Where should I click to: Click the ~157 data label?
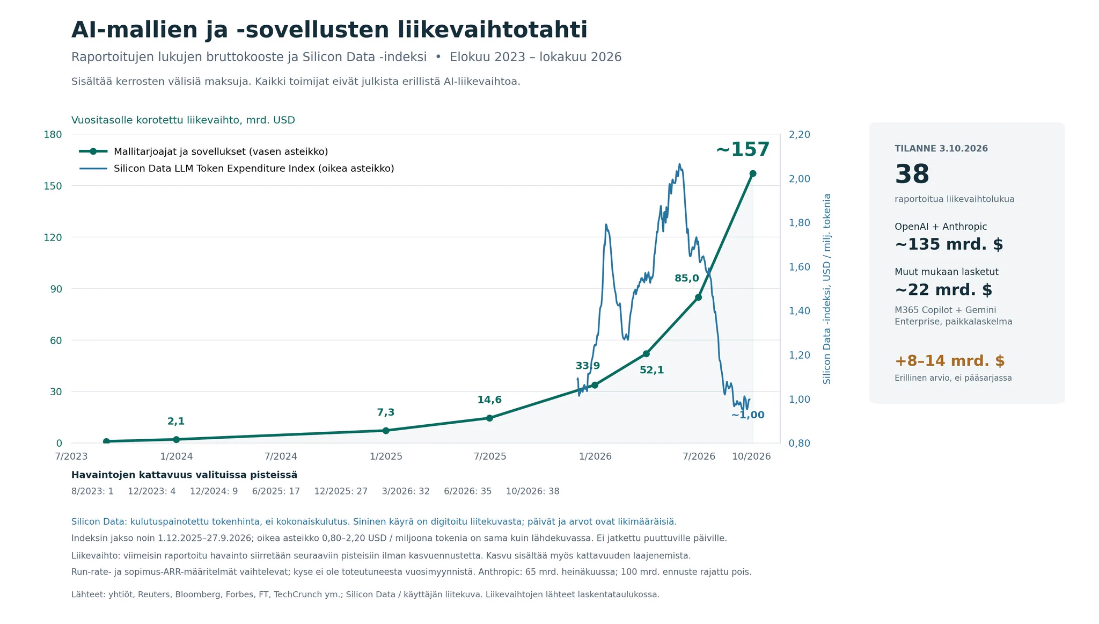[743, 150]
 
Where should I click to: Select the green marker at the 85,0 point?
[698, 297]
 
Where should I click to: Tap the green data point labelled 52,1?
[646, 353]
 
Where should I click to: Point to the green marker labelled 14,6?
[489, 418]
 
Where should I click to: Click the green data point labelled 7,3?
[386, 431]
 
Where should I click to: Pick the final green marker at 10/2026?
[753, 173]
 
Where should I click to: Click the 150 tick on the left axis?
[53, 186]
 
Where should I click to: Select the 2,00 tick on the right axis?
[800, 179]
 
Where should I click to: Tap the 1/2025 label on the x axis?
[386, 456]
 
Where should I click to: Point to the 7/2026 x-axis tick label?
[699, 456]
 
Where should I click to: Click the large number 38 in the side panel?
[912, 175]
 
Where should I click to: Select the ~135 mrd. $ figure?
[949, 244]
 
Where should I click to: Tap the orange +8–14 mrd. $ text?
[950, 361]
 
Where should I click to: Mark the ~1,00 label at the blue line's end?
[748, 415]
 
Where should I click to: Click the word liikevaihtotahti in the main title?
[493, 30]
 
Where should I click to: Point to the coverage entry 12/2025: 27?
[341, 491]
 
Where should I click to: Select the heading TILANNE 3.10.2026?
[941, 149]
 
